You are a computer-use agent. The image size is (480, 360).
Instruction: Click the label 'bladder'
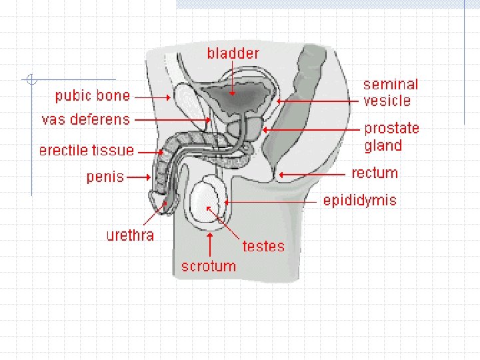coord(233,53)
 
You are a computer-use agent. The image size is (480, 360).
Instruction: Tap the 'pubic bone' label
coord(93,96)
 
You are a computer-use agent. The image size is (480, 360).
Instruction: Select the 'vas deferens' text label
coord(86,120)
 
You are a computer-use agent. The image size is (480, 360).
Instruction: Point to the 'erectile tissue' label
coord(87,151)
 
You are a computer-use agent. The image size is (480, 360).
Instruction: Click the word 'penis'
coord(105,177)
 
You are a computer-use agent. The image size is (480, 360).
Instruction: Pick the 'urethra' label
coord(130,235)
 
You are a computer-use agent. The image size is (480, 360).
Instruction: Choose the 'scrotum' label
coord(209,267)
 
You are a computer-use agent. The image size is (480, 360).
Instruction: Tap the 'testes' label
coord(263,247)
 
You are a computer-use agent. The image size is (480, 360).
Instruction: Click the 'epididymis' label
coord(360,201)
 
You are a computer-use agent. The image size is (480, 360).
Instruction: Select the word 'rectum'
coord(375,173)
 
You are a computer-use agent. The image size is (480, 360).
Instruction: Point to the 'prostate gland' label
coord(391,137)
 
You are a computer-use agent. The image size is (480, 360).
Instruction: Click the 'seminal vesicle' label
coord(391,93)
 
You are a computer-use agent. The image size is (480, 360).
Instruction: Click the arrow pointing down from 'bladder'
coord(233,80)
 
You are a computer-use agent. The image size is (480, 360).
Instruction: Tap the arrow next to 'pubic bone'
coord(154,97)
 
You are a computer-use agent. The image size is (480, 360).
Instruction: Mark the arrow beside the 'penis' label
coord(139,178)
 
